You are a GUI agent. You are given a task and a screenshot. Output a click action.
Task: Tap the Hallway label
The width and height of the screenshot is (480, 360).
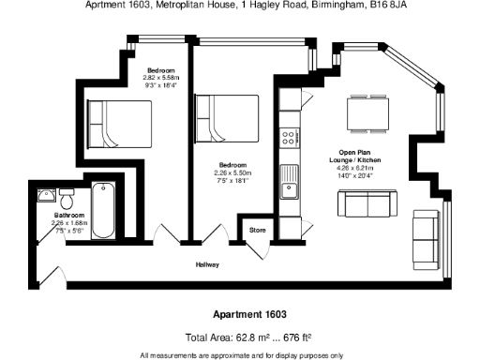coord(207,265)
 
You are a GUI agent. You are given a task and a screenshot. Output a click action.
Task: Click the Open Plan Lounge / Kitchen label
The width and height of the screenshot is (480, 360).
coord(359,158)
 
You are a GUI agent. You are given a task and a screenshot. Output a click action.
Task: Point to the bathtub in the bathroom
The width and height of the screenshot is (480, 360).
coord(104,213)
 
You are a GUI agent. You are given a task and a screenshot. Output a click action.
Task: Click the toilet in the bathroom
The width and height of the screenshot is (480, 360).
coord(67,201)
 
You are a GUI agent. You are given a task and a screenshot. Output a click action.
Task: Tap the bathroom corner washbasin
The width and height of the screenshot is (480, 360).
coord(44,196)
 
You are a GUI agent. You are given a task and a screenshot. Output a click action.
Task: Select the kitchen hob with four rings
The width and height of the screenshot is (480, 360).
coord(291,137)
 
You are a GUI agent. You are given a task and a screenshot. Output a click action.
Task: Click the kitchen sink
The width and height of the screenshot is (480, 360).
coord(290,184)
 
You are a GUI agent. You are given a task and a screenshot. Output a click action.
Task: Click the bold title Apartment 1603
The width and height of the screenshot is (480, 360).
coord(239,315)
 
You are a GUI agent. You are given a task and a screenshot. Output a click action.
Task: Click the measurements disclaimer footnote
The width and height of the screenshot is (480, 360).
coord(241,355)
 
